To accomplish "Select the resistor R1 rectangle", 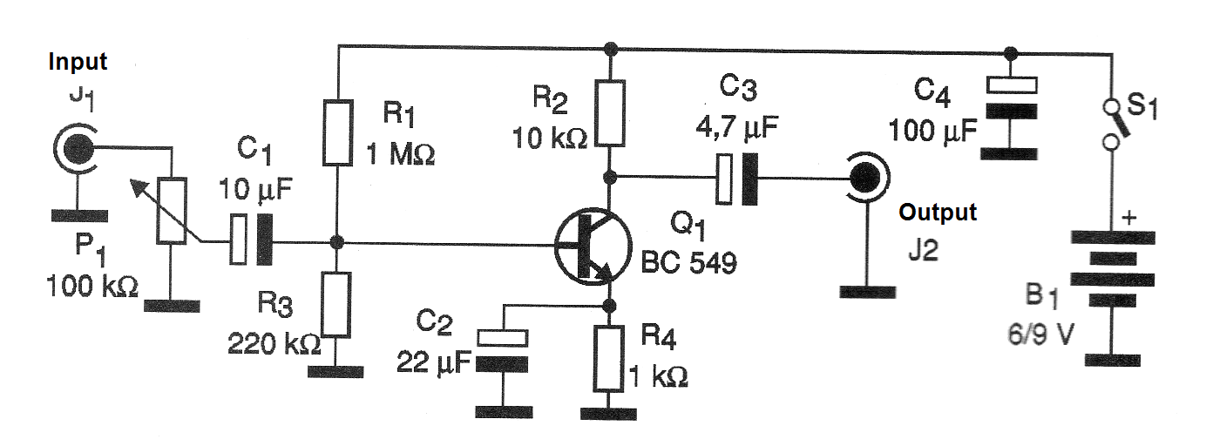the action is click(x=337, y=132).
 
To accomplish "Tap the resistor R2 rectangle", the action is click(x=610, y=113).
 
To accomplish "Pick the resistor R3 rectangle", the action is click(x=336, y=305).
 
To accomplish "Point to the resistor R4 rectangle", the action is click(x=609, y=358).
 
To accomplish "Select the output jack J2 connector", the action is click(x=867, y=177).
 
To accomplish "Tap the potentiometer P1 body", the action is click(x=171, y=211).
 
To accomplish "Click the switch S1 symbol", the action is click(x=1112, y=125).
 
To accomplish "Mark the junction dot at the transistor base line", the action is click(x=336, y=243).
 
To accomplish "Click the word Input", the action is click(x=78, y=62).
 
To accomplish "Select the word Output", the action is click(x=938, y=212).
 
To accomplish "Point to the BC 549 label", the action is click(x=688, y=263).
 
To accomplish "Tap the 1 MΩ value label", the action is click(x=400, y=155).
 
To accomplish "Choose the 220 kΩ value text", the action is click(x=274, y=344).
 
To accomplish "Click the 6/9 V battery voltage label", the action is click(x=1040, y=335).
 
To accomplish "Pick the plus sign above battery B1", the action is click(x=1129, y=218).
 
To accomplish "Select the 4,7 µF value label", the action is click(x=737, y=128).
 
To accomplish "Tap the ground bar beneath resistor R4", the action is click(x=609, y=414).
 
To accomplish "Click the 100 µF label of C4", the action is click(x=932, y=131).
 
